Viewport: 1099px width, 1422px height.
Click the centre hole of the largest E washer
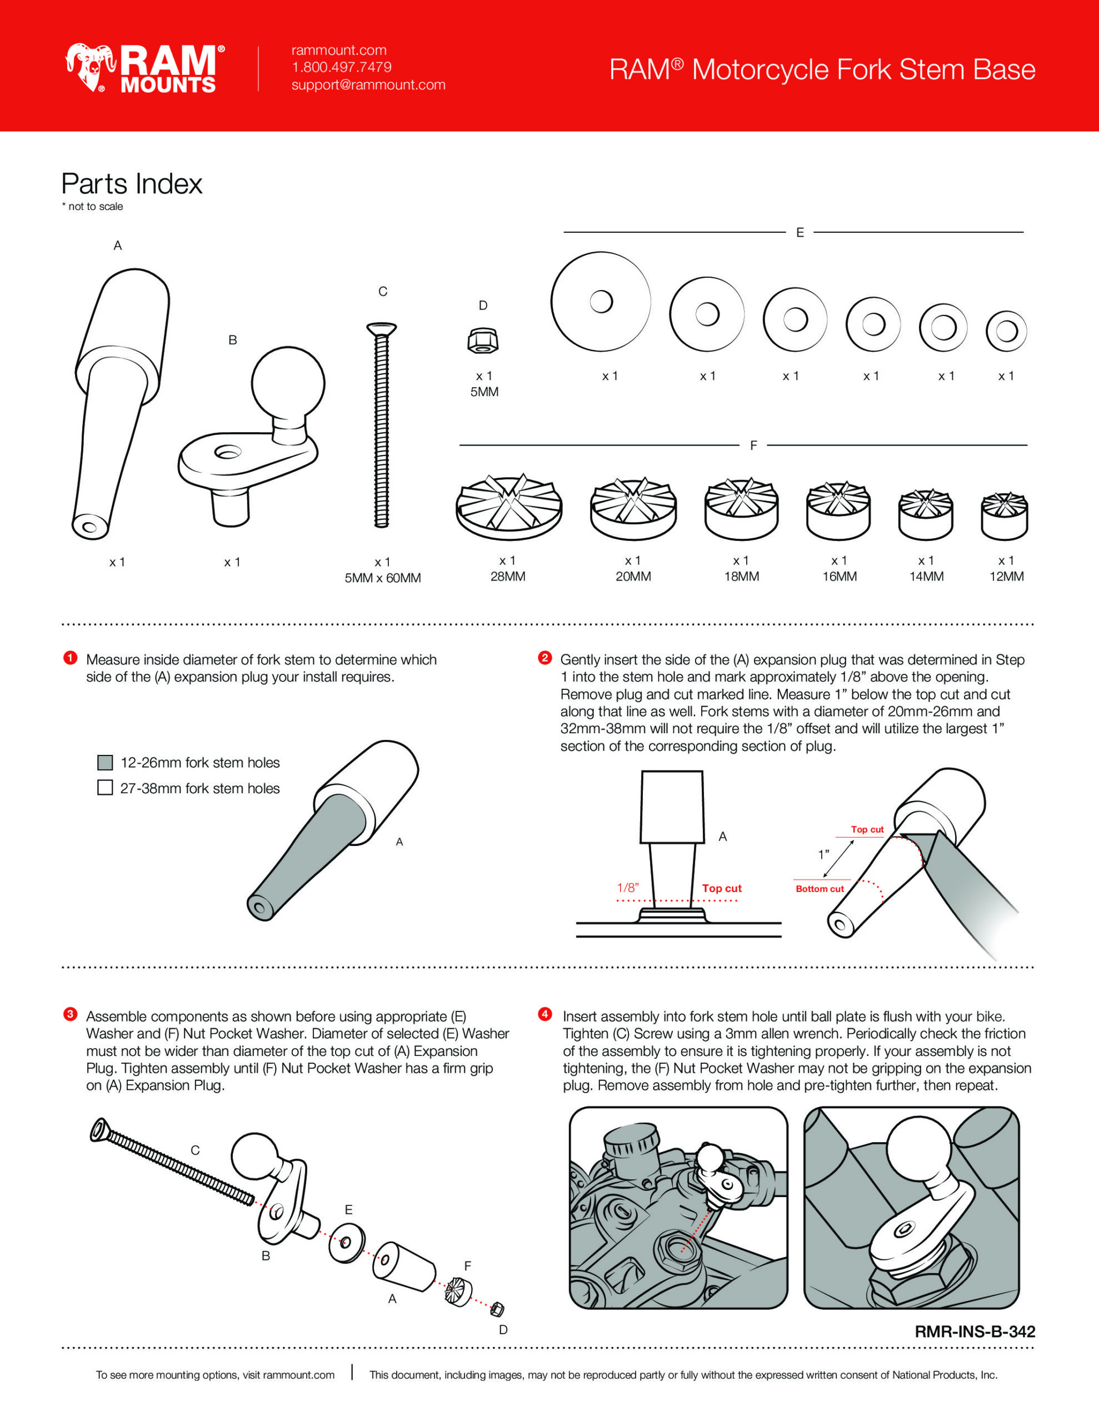pos(601,302)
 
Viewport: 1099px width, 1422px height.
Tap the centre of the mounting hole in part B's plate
pos(228,451)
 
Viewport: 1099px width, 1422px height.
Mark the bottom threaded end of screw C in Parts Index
pos(382,524)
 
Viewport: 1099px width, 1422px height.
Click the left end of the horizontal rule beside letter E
pos(564,232)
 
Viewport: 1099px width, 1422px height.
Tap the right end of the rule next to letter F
pos(1027,445)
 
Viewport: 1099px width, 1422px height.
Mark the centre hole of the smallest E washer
pos(1007,331)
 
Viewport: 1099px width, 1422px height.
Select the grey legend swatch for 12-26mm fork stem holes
pos(105,763)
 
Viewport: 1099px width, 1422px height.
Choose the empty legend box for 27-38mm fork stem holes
pos(105,788)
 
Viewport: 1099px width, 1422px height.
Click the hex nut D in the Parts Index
pos(483,340)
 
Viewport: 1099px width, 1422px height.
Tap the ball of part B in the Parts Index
pos(288,384)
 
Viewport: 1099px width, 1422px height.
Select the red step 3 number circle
pos(71,1014)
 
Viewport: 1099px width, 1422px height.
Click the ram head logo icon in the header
pos(90,67)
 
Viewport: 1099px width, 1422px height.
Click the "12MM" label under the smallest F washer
pos(1007,576)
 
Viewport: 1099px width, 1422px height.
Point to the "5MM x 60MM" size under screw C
pos(382,578)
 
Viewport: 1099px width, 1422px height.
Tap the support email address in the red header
pos(368,84)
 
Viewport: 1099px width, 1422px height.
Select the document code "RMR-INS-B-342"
pos(975,1331)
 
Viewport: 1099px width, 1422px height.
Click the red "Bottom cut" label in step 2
pos(820,889)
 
